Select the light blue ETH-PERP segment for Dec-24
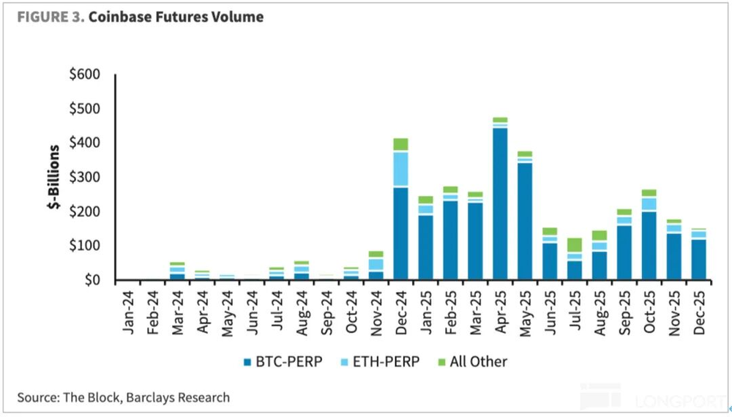pos(400,169)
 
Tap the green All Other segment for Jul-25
pos(575,245)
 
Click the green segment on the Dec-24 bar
pos(400,144)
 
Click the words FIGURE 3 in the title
pos(47,17)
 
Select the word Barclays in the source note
pos(149,398)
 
